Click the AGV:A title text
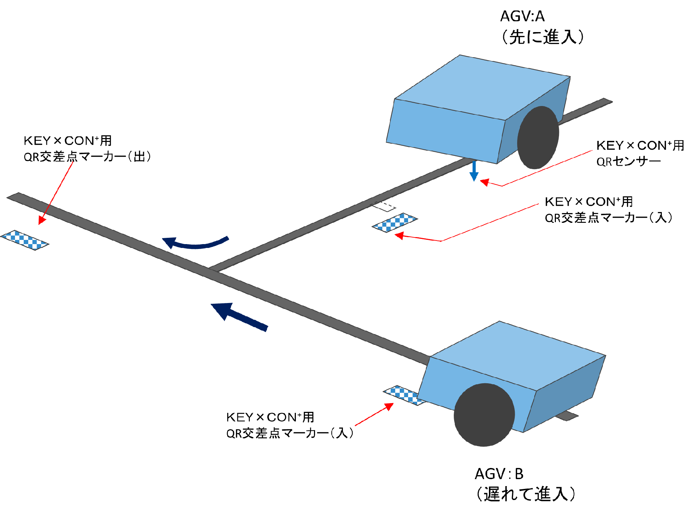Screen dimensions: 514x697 point(522,16)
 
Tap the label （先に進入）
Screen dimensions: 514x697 point(542,37)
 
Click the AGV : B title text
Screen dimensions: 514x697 point(499,474)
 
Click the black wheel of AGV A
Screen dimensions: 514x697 point(538,138)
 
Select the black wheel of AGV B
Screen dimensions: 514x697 point(484,415)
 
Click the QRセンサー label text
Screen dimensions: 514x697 point(628,162)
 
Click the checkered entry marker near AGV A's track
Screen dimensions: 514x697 point(395,222)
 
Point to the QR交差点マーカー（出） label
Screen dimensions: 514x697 point(87,157)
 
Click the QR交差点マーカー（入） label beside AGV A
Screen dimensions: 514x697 point(608,218)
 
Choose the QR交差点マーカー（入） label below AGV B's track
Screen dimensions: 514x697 point(290,433)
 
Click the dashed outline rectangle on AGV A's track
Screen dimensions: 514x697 point(383,206)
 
